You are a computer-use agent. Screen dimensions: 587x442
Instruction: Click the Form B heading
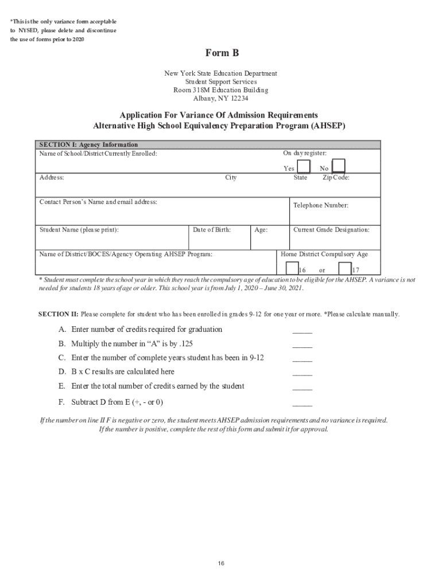click(x=222, y=53)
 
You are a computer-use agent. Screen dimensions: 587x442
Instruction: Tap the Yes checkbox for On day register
click(x=304, y=167)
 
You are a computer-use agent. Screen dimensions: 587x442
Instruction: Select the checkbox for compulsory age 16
click(x=292, y=268)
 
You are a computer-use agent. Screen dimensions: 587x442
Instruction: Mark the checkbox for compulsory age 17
click(x=344, y=268)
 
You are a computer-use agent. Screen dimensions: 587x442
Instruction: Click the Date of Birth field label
click(x=212, y=230)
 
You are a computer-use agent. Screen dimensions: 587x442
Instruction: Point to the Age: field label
click(x=261, y=230)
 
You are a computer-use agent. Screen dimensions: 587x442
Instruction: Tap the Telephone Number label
click(x=320, y=205)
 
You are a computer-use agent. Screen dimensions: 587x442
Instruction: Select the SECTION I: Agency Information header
click(x=88, y=144)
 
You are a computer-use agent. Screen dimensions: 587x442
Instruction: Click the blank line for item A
click(x=302, y=332)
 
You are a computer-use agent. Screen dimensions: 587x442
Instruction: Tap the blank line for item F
click(x=302, y=404)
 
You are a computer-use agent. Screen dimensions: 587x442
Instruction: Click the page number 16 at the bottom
click(x=221, y=563)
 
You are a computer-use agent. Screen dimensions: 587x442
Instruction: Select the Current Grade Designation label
click(x=331, y=230)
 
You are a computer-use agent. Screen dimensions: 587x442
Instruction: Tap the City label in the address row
click(x=231, y=178)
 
